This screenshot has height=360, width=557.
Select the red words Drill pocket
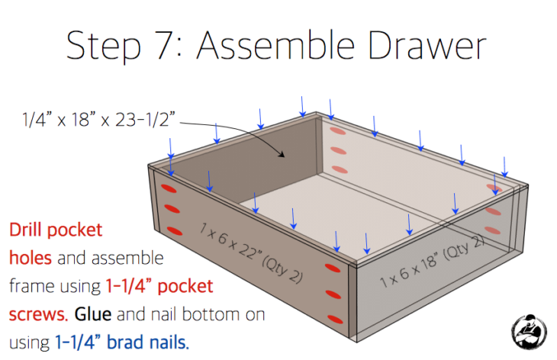(x=55, y=229)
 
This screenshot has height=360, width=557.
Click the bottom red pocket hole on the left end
(x=175, y=230)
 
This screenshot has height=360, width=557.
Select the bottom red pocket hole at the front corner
(x=333, y=319)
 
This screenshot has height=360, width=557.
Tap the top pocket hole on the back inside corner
(x=336, y=130)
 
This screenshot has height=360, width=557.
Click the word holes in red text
(x=30, y=257)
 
